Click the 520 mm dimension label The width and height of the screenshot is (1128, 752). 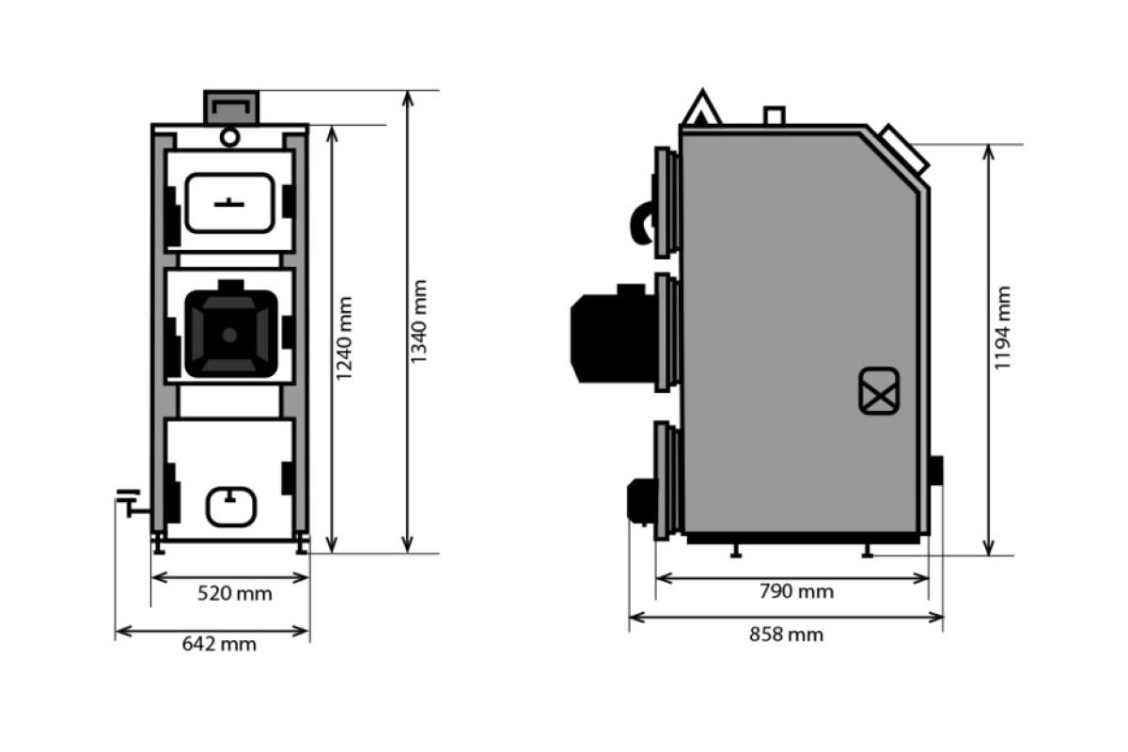pyautogui.click(x=235, y=594)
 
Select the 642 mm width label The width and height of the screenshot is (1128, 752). pyautogui.click(x=219, y=644)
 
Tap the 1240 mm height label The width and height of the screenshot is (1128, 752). pyautogui.click(x=344, y=338)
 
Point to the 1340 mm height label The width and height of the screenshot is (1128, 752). pyautogui.click(x=419, y=321)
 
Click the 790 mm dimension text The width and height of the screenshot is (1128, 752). pyautogui.click(x=797, y=591)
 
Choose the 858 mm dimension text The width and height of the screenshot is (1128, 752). pyautogui.click(x=787, y=634)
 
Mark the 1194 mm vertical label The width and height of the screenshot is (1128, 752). pyautogui.click(x=1002, y=328)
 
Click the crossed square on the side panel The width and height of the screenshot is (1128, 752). pyautogui.click(x=879, y=391)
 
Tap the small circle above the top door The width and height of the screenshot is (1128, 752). pyautogui.click(x=229, y=137)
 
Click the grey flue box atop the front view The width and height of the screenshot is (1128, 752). pyautogui.click(x=231, y=107)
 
